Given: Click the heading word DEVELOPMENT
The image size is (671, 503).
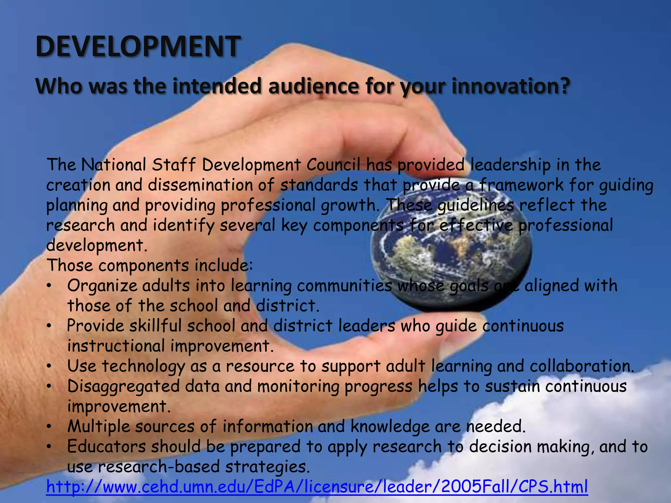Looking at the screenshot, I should pyautogui.click(x=138, y=46).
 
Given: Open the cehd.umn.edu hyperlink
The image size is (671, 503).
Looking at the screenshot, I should pyautogui.click(x=317, y=487).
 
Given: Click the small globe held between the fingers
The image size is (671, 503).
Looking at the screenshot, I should pyautogui.click(x=451, y=249).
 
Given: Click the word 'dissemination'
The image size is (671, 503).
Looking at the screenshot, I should pyautogui.click(x=200, y=185).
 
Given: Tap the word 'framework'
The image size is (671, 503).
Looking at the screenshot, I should pyautogui.click(x=521, y=185).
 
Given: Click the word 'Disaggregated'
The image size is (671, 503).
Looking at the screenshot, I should pyautogui.click(x=123, y=386).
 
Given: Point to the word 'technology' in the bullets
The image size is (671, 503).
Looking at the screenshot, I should pyautogui.click(x=143, y=367).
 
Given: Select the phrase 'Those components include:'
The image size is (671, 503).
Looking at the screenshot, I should pyautogui.click(x=150, y=266).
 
